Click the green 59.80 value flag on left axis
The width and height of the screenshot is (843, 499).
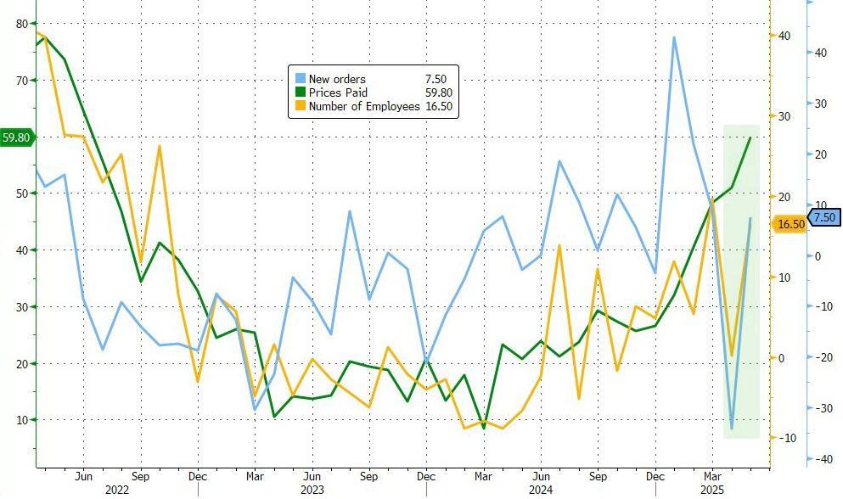click(x=16, y=137)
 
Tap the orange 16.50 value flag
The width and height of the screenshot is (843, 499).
click(x=790, y=224)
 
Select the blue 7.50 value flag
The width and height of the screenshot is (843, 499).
click(x=824, y=218)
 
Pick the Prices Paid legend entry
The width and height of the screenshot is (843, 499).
click(x=338, y=93)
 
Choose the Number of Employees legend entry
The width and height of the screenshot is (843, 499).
click(x=363, y=106)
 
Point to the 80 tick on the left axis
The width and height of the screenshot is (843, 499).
click(x=21, y=24)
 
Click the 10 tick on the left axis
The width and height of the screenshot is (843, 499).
click(x=21, y=420)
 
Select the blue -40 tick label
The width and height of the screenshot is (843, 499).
click(x=821, y=459)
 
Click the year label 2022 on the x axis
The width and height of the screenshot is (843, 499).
click(x=117, y=490)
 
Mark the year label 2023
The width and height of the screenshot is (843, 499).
click(x=312, y=490)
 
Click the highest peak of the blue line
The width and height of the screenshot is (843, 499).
click(x=674, y=37)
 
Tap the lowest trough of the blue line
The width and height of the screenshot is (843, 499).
click(x=732, y=429)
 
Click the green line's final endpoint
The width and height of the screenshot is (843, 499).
click(x=750, y=137)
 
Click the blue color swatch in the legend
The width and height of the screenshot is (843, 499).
click(x=300, y=79)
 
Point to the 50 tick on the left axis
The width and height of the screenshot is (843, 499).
click(x=21, y=193)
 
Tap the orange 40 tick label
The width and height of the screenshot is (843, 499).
click(x=784, y=36)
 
